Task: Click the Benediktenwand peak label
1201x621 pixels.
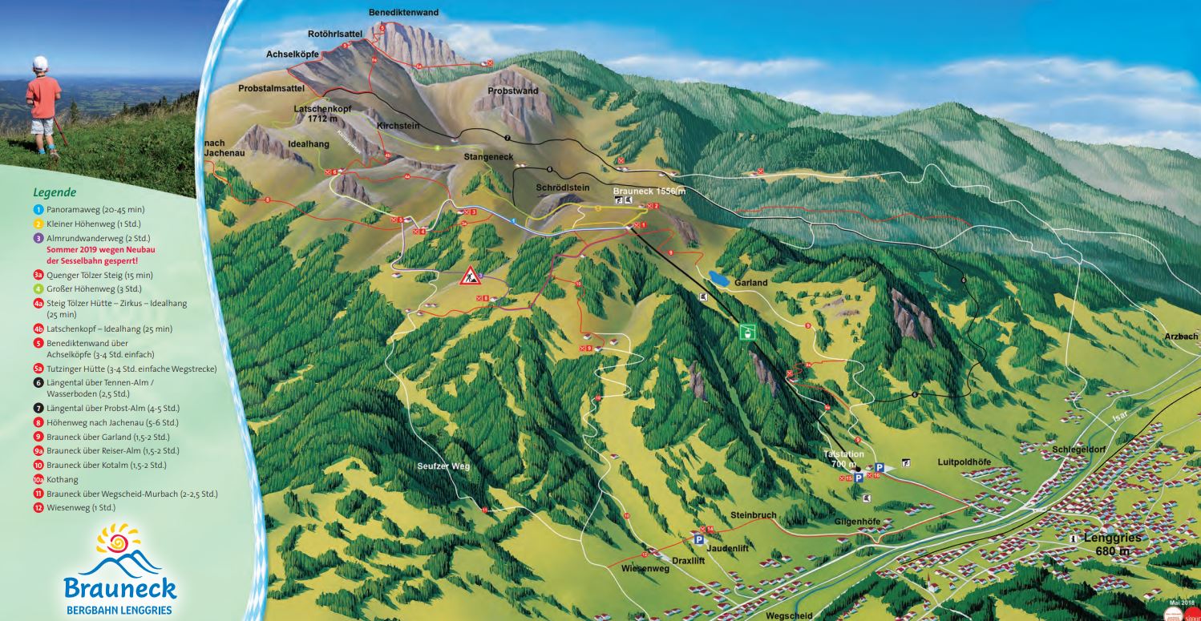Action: [403, 13]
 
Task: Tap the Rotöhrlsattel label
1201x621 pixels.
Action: [335, 34]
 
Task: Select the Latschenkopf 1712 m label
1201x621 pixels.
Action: [323, 113]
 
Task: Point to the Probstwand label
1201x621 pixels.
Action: [512, 91]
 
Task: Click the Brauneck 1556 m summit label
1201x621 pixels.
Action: [649, 192]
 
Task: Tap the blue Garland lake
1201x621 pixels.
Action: [718, 279]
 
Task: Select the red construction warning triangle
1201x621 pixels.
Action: [470, 276]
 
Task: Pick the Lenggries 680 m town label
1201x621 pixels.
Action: [1112, 544]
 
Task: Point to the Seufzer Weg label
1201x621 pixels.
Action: [443, 466]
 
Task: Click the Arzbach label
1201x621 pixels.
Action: [1182, 337]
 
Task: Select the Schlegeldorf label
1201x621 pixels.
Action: [1079, 450]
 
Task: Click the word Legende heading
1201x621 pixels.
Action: [55, 192]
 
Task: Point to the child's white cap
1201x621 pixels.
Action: [41, 63]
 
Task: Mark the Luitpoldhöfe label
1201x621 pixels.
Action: [964, 462]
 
